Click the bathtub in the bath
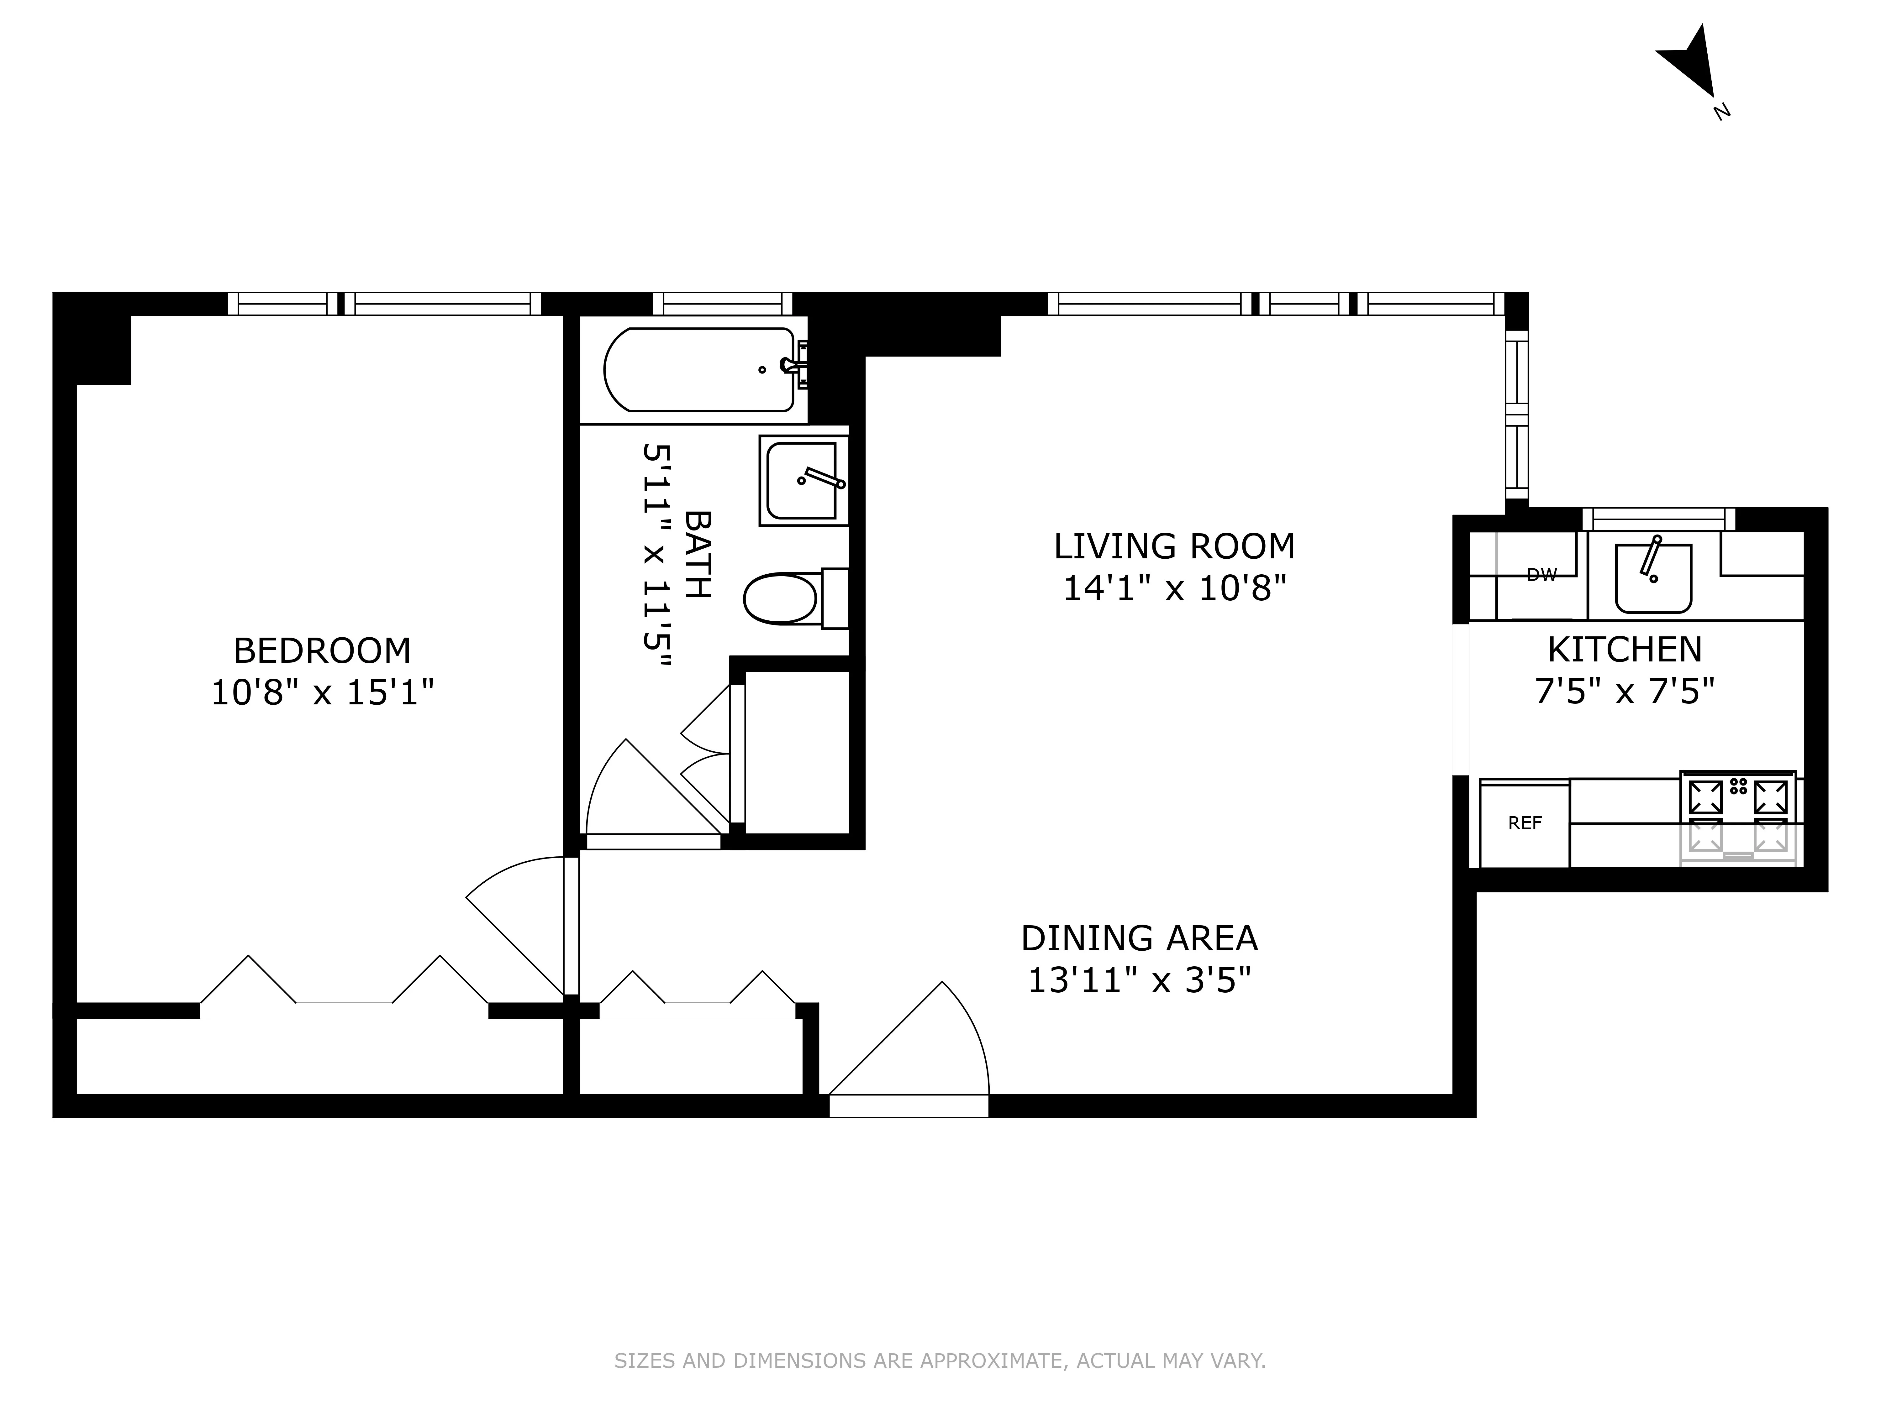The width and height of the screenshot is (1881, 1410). [699, 370]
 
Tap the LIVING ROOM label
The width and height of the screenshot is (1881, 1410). [1173, 546]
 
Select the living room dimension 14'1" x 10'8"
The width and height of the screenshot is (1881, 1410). [1173, 588]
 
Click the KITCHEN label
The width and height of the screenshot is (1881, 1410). [1624, 650]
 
